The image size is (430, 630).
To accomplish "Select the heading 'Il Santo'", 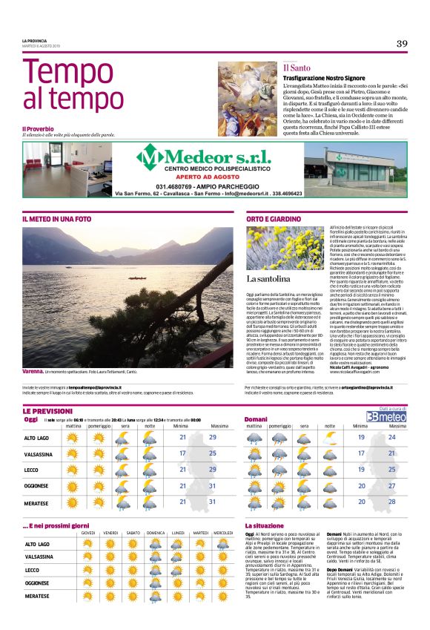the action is [296, 68].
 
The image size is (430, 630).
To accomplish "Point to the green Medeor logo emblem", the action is [150, 157].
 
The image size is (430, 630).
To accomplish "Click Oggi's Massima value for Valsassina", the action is [214, 452].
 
